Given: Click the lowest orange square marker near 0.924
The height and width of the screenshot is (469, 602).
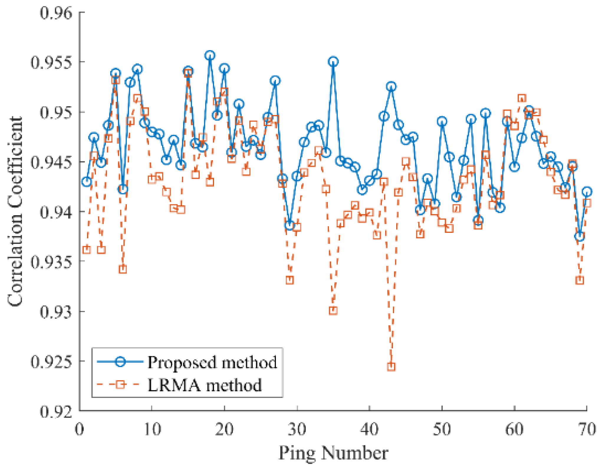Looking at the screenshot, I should tap(391, 367).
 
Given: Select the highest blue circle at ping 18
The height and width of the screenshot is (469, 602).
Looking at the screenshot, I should tap(210, 55).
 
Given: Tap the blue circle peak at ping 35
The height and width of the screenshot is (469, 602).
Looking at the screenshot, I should tap(333, 62).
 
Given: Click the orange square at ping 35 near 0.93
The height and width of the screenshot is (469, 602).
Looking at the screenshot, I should tap(333, 311).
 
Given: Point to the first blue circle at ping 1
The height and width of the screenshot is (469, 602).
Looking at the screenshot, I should tap(86, 182).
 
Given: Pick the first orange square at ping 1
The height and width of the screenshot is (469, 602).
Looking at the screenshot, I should tap(86, 250).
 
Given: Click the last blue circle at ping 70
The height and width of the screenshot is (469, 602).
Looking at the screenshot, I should tap(587, 192).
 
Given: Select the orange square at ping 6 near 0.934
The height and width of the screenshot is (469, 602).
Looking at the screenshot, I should tap(123, 269).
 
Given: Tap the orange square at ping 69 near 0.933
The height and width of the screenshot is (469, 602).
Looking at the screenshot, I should tap(580, 280).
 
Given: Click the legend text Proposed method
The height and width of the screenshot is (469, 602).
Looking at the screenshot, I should tap(212, 362).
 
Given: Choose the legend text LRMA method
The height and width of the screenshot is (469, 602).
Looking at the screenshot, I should tap(205, 385).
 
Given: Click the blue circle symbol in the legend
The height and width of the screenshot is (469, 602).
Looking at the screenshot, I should tap(120, 362).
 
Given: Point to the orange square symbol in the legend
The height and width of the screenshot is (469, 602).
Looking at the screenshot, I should tap(120, 385).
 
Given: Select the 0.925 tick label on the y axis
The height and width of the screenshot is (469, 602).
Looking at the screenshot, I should tap(51, 362).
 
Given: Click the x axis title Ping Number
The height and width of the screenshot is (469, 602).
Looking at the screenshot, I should tap(333, 453).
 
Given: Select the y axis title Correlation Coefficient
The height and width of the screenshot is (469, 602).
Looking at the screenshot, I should tap(15, 211).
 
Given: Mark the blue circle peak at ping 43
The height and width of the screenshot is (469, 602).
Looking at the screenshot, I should tap(391, 87).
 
